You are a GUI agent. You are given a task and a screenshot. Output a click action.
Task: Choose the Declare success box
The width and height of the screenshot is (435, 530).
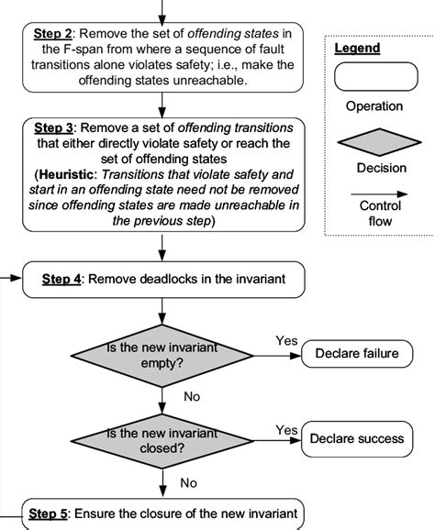[x=356, y=438]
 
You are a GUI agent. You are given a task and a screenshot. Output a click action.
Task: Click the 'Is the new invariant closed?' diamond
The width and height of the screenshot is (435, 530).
[x=163, y=438]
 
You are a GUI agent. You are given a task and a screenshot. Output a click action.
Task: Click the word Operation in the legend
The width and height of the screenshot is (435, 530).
[x=374, y=106]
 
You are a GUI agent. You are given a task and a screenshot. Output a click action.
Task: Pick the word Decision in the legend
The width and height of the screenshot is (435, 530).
[x=374, y=168]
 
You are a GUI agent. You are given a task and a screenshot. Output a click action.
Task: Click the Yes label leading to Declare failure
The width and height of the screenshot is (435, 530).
[x=286, y=341]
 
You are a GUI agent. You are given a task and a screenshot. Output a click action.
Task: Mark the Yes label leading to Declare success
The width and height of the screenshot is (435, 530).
[x=286, y=429]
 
